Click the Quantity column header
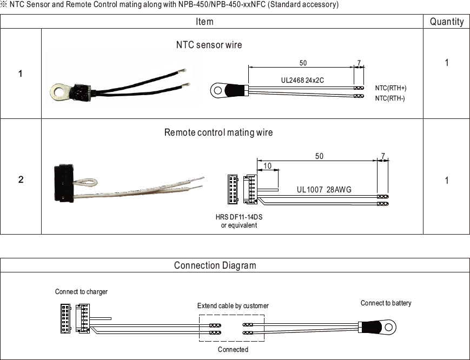(446, 22)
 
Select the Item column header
(204, 22)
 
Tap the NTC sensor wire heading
(209, 45)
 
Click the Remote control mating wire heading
(219, 132)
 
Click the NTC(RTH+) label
(390, 88)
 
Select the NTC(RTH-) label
(390, 98)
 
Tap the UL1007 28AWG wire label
(324, 190)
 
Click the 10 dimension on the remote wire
(268, 166)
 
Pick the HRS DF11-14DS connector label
(239, 217)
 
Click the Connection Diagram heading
(215, 265)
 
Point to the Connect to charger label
(81, 292)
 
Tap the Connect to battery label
(386, 303)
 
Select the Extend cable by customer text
(233, 306)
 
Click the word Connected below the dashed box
(233, 350)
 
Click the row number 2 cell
(21, 179)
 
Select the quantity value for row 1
(446, 63)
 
